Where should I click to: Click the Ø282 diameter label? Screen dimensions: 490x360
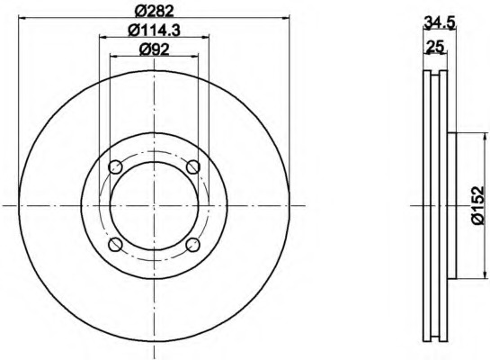[x=154, y=12]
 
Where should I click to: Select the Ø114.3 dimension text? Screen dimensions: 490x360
[x=154, y=31]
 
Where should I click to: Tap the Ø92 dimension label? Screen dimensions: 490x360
[x=154, y=49]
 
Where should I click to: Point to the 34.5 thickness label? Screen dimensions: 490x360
[x=440, y=23]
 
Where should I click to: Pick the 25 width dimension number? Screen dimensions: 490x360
[x=435, y=47]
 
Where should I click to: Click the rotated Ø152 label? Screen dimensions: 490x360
[x=477, y=205]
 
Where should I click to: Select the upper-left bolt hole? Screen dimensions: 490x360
[x=115, y=166]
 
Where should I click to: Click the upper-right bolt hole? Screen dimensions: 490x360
[x=192, y=166]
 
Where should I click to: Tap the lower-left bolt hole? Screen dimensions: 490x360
[x=115, y=244]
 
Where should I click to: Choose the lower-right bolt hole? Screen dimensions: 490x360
[x=192, y=244]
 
